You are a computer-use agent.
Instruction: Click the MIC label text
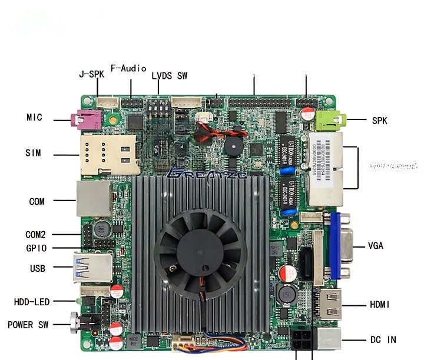(34, 118)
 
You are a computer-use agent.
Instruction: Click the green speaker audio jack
(329, 121)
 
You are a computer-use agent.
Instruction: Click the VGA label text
(376, 246)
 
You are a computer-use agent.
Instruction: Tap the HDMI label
(380, 305)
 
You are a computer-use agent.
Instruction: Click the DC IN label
(383, 339)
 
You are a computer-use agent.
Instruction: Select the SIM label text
(34, 153)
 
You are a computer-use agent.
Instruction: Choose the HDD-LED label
(32, 302)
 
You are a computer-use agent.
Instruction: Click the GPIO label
(36, 248)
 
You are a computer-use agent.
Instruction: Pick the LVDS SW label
(169, 76)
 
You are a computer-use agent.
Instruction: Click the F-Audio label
(128, 68)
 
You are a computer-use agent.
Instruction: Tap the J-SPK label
(91, 75)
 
